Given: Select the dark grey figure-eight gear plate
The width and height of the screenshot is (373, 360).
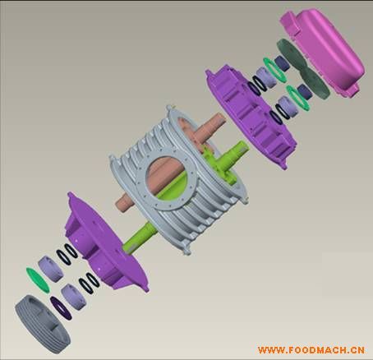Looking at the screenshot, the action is click(x=302, y=68).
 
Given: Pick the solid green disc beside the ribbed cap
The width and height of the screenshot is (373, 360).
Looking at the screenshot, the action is click(x=38, y=280).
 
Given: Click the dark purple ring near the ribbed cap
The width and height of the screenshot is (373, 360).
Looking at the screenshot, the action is click(x=61, y=308).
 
